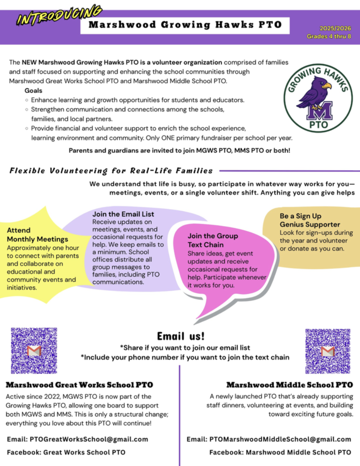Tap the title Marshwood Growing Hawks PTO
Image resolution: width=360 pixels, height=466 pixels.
[185, 25]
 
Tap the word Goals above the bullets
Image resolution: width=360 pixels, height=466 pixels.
[34, 91]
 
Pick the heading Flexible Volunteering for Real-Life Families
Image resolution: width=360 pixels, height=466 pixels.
[111, 171]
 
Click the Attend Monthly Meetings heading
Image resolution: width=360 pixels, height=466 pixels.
[37, 235]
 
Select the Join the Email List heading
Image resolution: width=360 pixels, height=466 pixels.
[123, 214]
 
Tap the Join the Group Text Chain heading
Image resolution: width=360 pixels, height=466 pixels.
[213, 240]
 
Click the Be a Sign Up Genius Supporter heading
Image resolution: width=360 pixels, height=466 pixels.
[309, 220]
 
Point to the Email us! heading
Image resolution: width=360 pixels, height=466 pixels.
[181, 336]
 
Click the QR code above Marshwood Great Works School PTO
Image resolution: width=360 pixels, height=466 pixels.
[34, 350]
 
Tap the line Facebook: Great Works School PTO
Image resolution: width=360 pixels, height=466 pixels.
[66, 452]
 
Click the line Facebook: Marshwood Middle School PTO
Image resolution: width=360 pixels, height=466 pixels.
[280, 452]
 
